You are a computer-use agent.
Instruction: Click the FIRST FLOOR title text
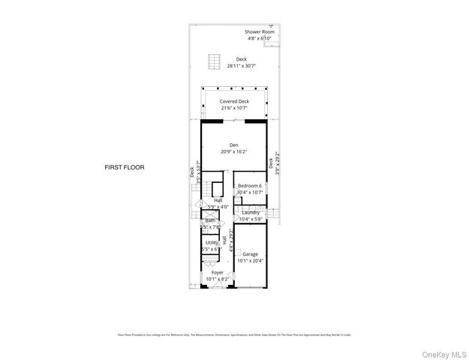(125, 167)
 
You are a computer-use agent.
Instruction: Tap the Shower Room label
(259, 32)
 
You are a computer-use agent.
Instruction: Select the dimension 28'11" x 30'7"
(240, 66)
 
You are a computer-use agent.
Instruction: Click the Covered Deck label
(234, 101)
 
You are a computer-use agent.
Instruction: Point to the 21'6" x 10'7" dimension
(234, 108)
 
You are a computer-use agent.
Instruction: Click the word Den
(233, 145)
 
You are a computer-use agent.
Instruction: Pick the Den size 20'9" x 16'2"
(233, 152)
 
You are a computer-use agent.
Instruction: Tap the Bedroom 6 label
(250, 185)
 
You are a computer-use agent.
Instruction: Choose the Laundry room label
(250, 212)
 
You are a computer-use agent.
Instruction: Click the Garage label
(250, 254)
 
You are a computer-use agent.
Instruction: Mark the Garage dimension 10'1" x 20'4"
(250, 261)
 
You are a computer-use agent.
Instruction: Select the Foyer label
(217, 272)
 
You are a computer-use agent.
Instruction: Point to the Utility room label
(212, 242)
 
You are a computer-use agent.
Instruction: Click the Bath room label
(211, 220)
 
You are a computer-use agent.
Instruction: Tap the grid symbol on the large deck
(214, 60)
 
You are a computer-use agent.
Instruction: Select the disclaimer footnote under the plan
(234, 334)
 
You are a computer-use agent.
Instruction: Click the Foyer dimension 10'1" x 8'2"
(217, 279)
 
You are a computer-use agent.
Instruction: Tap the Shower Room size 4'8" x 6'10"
(259, 39)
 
